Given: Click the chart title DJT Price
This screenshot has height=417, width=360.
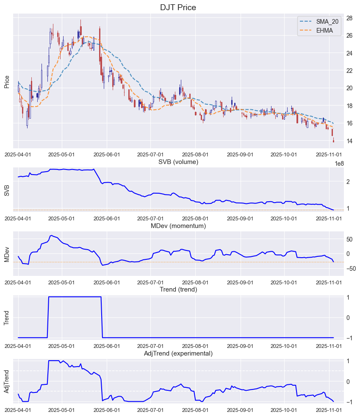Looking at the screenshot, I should click(x=178, y=7).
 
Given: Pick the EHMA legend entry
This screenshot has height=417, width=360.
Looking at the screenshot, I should click(x=324, y=31).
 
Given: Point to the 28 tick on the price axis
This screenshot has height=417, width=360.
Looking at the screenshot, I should click(x=350, y=18).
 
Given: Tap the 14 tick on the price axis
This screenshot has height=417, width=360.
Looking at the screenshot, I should click(x=350, y=141).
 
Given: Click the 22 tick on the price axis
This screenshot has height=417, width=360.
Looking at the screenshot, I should click(x=350, y=71).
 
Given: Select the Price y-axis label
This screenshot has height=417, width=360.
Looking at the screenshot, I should click(x=7, y=81).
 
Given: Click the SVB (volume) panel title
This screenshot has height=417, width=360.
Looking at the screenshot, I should click(x=178, y=162).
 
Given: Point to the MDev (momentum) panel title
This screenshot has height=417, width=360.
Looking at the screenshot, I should click(x=178, y=226).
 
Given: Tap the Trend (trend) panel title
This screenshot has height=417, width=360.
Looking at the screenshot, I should click(x=178, y=289).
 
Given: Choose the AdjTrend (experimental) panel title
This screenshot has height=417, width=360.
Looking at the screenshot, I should click(x=178, y=353).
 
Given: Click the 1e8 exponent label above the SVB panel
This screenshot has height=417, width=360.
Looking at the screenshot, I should click(x=339, y=164).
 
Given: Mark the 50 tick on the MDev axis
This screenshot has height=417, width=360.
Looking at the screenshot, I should click(x=350, y=239).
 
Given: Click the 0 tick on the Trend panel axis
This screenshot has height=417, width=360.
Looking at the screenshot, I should click(x=348, y=317).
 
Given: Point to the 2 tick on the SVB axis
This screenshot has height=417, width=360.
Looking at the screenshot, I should click(x=348, y=181).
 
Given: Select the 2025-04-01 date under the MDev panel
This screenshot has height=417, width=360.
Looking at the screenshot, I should click(x=18, y=282).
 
